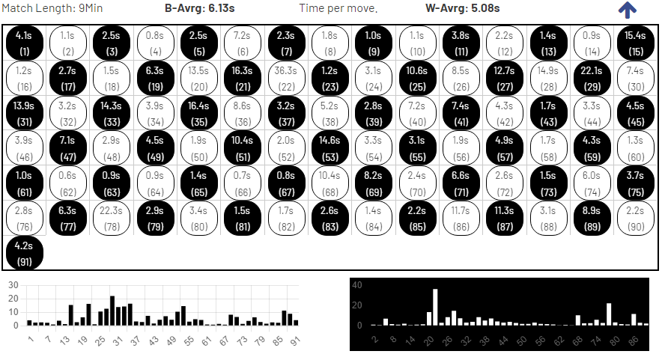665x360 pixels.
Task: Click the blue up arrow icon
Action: [628, 10]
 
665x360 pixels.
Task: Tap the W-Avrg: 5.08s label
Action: [458, 8]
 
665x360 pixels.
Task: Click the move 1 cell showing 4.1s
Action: [24, 43]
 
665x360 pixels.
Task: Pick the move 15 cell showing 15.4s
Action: [634, 43]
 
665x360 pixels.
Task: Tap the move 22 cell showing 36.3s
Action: [285, 78]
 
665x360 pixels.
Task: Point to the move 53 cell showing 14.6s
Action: [329, 147]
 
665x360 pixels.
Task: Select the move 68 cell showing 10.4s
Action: [329, 182]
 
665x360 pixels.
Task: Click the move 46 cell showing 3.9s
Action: [24, 147]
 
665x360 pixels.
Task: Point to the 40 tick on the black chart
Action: [357, 285]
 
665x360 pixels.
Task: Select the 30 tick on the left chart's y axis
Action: [13, 285]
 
